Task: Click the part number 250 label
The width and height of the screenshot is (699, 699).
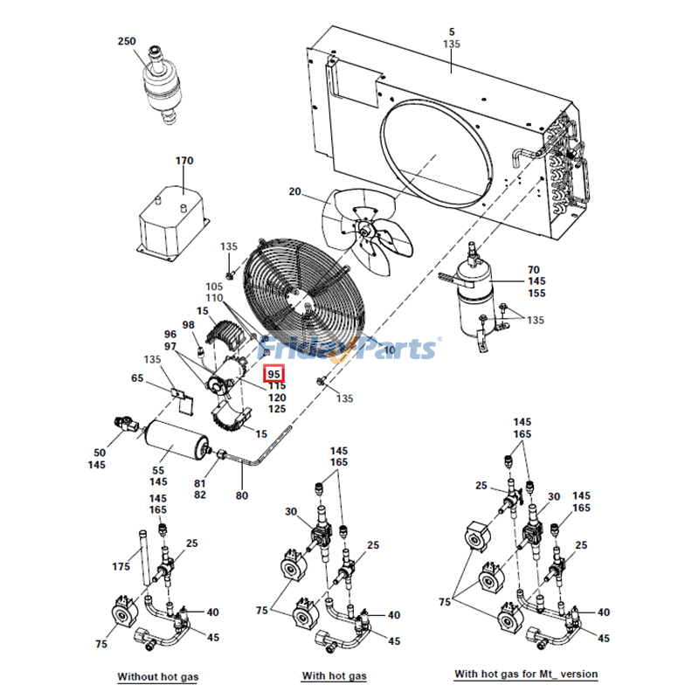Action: (x=127, y=41)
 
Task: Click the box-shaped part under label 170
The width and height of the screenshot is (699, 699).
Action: (x=175, y=223)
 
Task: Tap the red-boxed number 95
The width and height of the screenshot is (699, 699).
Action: (x=274, y=373)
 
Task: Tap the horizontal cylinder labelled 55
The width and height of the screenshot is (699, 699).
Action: (x=176, y=439)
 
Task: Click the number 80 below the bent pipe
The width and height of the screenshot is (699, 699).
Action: (x=242, y=495)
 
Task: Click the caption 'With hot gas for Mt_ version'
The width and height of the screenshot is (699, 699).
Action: (x=526, y=675)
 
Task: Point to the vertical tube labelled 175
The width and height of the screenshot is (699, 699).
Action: (x=140, y=559)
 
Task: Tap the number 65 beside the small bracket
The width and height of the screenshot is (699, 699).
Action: (x=137, y=378)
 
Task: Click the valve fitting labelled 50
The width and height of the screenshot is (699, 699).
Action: (x=125, y=425)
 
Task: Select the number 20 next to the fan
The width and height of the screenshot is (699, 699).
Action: (x=294, y=192)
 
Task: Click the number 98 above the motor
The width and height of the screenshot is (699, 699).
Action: (x=188, y=325)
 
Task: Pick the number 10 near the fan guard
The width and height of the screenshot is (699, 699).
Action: (x=389, y=349)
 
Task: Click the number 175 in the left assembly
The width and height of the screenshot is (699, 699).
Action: (x=121, y=567)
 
